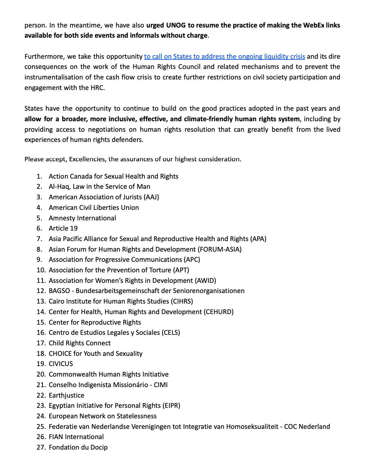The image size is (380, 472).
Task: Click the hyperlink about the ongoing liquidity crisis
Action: [224, 56]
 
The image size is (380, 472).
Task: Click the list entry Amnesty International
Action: [82, 218]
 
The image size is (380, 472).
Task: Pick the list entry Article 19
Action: [63, 228]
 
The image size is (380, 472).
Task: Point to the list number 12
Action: [41, 291]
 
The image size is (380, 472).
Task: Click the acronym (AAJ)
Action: [151, 197]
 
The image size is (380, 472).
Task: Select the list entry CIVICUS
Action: [61, 364]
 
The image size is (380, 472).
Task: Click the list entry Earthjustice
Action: [67, 395]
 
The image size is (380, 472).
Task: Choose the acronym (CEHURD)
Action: [219, 312]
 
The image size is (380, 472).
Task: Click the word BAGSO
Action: [59, 291]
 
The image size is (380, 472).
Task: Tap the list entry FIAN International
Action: [76, 437]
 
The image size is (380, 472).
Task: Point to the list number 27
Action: [41, 447]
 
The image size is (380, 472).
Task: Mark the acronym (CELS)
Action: [171, 332]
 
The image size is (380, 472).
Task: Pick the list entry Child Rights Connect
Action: [80, 343]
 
